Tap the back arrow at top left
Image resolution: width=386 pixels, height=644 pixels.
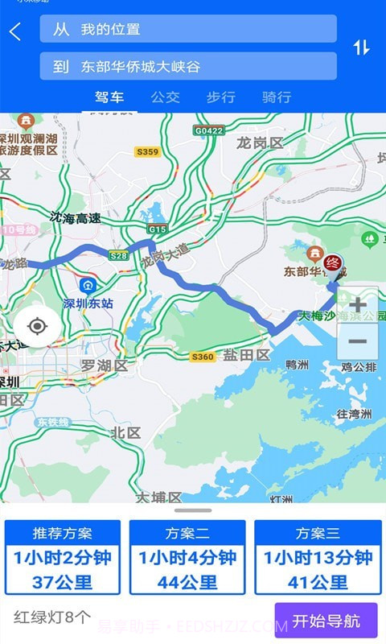[x=15, y=32]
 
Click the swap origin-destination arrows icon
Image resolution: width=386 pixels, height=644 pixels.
[x=361, y=47]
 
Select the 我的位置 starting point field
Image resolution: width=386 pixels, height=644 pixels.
[x=188, y=29]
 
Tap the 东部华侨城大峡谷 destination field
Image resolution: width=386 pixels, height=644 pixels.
[x=188, y=67]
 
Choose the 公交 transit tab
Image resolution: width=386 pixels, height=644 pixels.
[x=165, y=97]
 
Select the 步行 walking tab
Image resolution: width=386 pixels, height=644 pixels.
[x=220, y=97]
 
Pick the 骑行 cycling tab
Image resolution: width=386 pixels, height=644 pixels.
[x=277, y=97]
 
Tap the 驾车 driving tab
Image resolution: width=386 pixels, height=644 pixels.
[x=109, y=97]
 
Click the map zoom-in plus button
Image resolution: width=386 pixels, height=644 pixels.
[x=357, y=305]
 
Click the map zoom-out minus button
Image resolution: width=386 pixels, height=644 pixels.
[x=357, y=342]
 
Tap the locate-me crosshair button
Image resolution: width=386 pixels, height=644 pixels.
[x=36, y=326]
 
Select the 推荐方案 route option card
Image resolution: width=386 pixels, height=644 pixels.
[x=63, y=557]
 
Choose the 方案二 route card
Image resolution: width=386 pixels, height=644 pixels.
[x=187, y=557]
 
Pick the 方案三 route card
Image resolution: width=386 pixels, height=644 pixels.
[x=318, y=557]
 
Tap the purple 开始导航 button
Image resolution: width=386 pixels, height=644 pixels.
[x=326, y=621]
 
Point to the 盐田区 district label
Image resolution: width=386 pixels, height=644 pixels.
[x=245, y=355]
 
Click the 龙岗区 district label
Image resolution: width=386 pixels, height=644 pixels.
[x=260, y=143]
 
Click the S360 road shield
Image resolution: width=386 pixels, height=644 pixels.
[x=203, y=357]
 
